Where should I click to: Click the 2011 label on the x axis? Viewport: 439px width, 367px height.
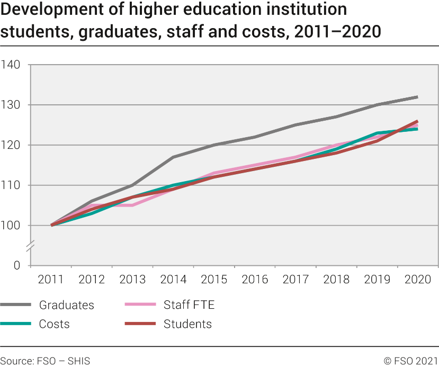click(x=51, y=280)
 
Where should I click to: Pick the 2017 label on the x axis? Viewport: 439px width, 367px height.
click(x=295, y=280)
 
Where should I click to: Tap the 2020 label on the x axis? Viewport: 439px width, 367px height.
click(x=418, y=280)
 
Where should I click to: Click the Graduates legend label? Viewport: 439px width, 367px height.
click(x=66, y=305)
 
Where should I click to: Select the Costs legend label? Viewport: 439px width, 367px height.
click(x=54, y=324)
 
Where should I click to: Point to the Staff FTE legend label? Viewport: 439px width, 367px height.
click(x=189, y=305)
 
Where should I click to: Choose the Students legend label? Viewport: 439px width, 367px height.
click(x=187, y=324)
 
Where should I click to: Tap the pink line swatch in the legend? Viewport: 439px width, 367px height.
click(x=140, y=305)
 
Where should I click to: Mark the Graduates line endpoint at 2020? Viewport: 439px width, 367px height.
click(x=418, y=97)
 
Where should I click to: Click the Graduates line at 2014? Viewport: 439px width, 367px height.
click(x=173, y=157)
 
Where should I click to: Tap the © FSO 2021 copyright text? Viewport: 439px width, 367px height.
click(x=411, y=361)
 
